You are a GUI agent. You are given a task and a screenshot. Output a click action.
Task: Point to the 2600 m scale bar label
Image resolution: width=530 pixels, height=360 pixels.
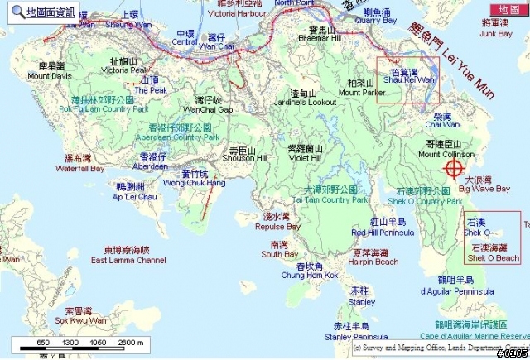coord(131,342)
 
